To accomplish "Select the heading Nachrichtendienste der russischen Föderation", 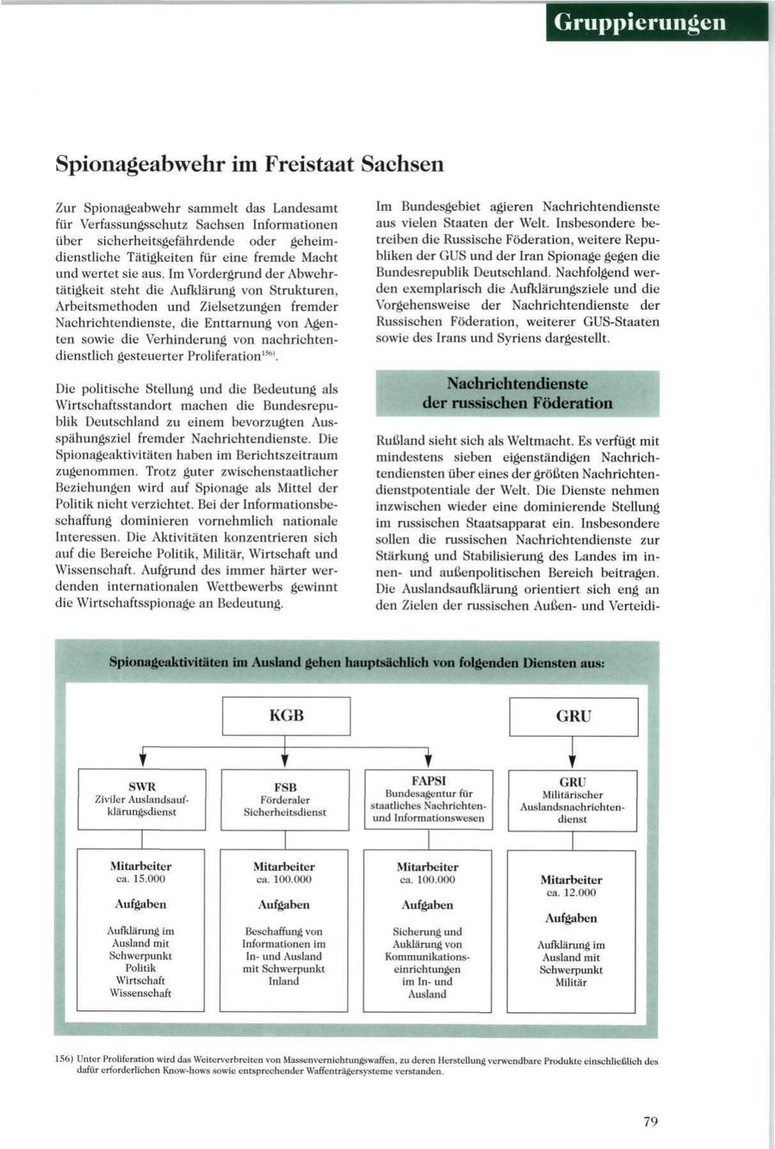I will pos(518,393).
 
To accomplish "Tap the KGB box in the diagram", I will pos(286,715).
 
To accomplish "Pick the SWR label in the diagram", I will pos(142,787).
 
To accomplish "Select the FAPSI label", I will pos(428,780).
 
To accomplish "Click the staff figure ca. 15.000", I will pos(140,879).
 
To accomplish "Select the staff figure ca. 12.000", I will pos(572,893).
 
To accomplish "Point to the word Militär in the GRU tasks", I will pos(571,982).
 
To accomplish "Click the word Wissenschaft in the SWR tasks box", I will pos(140,992).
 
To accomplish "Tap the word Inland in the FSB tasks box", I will pos(284,980).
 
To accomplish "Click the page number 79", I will pos(650,1121).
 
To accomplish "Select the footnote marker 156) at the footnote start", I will pos(63,1061).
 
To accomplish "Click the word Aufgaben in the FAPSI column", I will pos(427,905).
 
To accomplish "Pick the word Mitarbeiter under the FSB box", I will pos(284,867).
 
